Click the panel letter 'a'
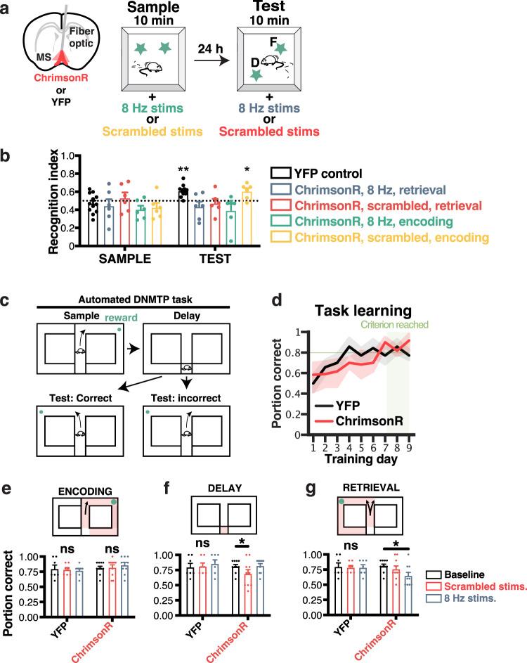coord(7,8)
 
